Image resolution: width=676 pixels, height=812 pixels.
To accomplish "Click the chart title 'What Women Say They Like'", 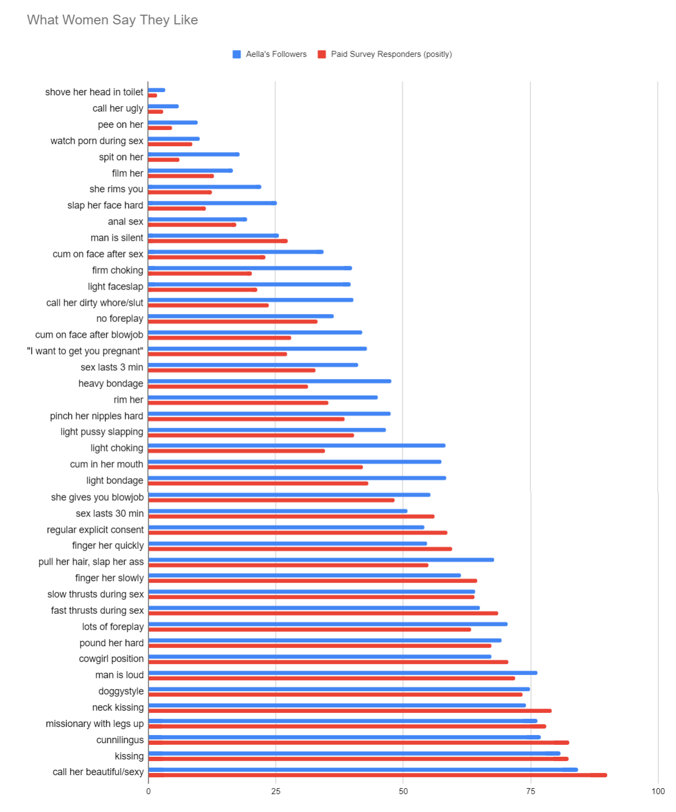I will point(113,20).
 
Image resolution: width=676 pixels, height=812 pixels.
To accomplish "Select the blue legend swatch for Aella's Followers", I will point(237,54).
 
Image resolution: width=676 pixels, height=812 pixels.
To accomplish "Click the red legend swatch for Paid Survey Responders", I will point(322,54).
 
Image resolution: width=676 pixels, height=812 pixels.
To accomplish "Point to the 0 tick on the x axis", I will point(148,791).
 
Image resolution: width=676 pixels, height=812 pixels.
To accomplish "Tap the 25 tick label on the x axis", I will point(276,791).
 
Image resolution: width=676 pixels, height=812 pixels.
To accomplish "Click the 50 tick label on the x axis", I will point(403,791).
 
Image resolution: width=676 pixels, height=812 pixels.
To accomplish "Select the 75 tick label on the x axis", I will point(530,791).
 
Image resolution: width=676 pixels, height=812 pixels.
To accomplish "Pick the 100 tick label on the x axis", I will point(658,791).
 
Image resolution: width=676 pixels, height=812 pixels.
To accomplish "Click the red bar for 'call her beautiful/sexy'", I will point(377,775).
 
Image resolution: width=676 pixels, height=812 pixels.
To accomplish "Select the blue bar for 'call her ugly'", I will point(163,106).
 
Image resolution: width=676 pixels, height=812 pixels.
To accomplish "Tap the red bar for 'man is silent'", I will point(218,241).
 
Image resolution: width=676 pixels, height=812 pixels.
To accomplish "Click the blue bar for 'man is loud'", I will point(343,673).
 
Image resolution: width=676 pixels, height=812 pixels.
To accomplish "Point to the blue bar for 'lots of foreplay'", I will point(327,624).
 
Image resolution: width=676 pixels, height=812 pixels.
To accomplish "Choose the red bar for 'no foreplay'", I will point(233,322).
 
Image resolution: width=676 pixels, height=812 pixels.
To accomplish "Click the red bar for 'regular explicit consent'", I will point(298,533).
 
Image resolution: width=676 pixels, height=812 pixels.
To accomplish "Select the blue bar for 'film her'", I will point(191,171).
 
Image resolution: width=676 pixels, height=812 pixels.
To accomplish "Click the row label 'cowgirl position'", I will point(111,659).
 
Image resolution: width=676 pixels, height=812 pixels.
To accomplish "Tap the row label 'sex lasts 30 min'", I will point(110,513).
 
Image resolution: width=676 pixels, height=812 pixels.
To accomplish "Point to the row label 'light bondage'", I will point(115,481).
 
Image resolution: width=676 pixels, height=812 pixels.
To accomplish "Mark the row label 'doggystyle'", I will point(121,691).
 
